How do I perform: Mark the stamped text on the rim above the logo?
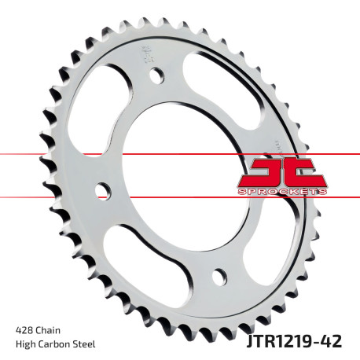(x=281, y=146)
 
